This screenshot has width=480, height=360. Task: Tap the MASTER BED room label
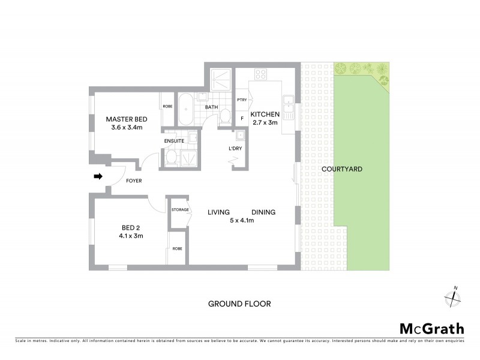(127, 119)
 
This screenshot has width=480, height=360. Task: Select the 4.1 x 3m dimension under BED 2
(131, 236)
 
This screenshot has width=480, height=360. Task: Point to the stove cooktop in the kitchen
(261, 75)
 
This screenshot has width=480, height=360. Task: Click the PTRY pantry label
(242, 100)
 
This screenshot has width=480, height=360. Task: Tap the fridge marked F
(242, 118)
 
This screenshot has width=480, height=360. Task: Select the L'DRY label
(235, 148)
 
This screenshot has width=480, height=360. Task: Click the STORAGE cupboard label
(180, 209)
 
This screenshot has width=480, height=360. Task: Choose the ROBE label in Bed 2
(178, 248)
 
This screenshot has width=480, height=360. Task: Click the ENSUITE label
(174, 140)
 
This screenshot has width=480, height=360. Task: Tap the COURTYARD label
(342, 170)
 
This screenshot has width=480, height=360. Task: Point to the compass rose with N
(451, 297)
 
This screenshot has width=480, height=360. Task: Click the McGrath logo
(431, 328)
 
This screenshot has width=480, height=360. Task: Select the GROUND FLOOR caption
(239, 304)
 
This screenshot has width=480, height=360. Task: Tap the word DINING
(263, 212)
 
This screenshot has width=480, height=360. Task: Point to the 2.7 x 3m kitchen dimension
(265, 122)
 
